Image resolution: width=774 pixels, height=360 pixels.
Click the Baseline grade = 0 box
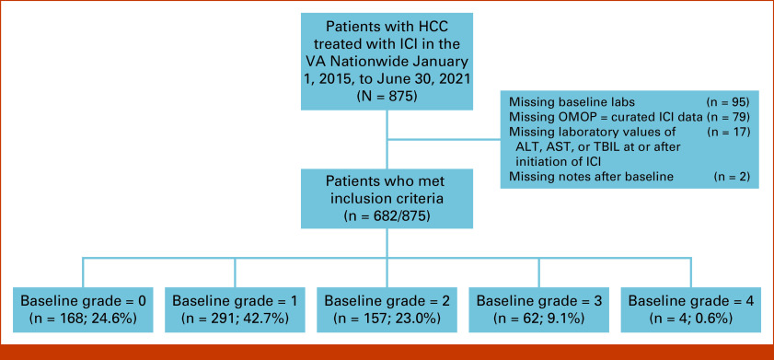(83, 309)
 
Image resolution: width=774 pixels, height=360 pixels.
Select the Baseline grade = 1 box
(235, 309)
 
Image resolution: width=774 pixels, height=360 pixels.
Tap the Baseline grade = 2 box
(387, 309)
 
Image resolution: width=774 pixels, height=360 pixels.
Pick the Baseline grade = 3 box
(538, 309)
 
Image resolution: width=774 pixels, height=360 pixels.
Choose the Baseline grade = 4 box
(691, 309)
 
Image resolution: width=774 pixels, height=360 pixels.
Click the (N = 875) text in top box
(387, 96)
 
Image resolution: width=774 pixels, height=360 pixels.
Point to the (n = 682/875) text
(387, 215)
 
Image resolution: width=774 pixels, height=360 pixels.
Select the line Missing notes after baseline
(591, 176)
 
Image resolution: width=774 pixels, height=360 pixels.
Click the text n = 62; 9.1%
(539, 318)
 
